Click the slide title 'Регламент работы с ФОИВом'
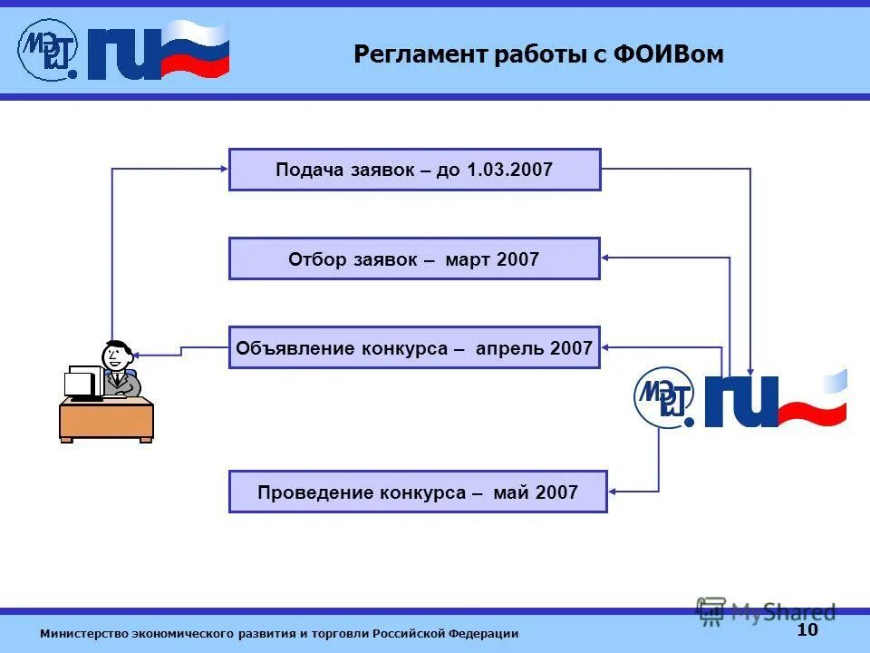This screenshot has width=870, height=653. pos(538,54)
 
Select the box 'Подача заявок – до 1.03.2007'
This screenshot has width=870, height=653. pos(414,170)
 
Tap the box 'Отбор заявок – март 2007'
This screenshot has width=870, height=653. pos(414,258)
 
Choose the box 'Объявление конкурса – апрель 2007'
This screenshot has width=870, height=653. pos(414,347)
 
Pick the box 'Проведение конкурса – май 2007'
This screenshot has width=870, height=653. pos(418,492)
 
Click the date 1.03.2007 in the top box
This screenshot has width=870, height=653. pos(509,170)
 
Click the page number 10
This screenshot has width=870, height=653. pos(807,630)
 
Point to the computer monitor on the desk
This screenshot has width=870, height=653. pos(83,382)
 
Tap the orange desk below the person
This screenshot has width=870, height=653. pos(106,419)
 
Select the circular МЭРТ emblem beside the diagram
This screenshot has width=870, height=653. pos(663,396)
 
